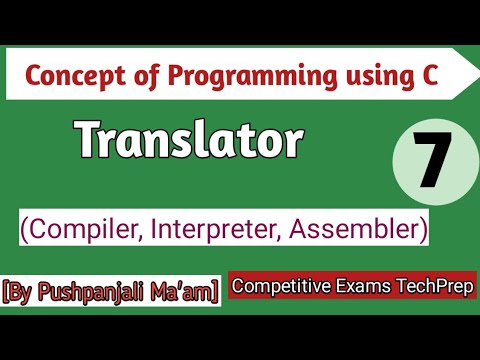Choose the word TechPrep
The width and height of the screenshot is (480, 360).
(x=434, y=286)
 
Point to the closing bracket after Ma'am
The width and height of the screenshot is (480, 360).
(x=216, y=293)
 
